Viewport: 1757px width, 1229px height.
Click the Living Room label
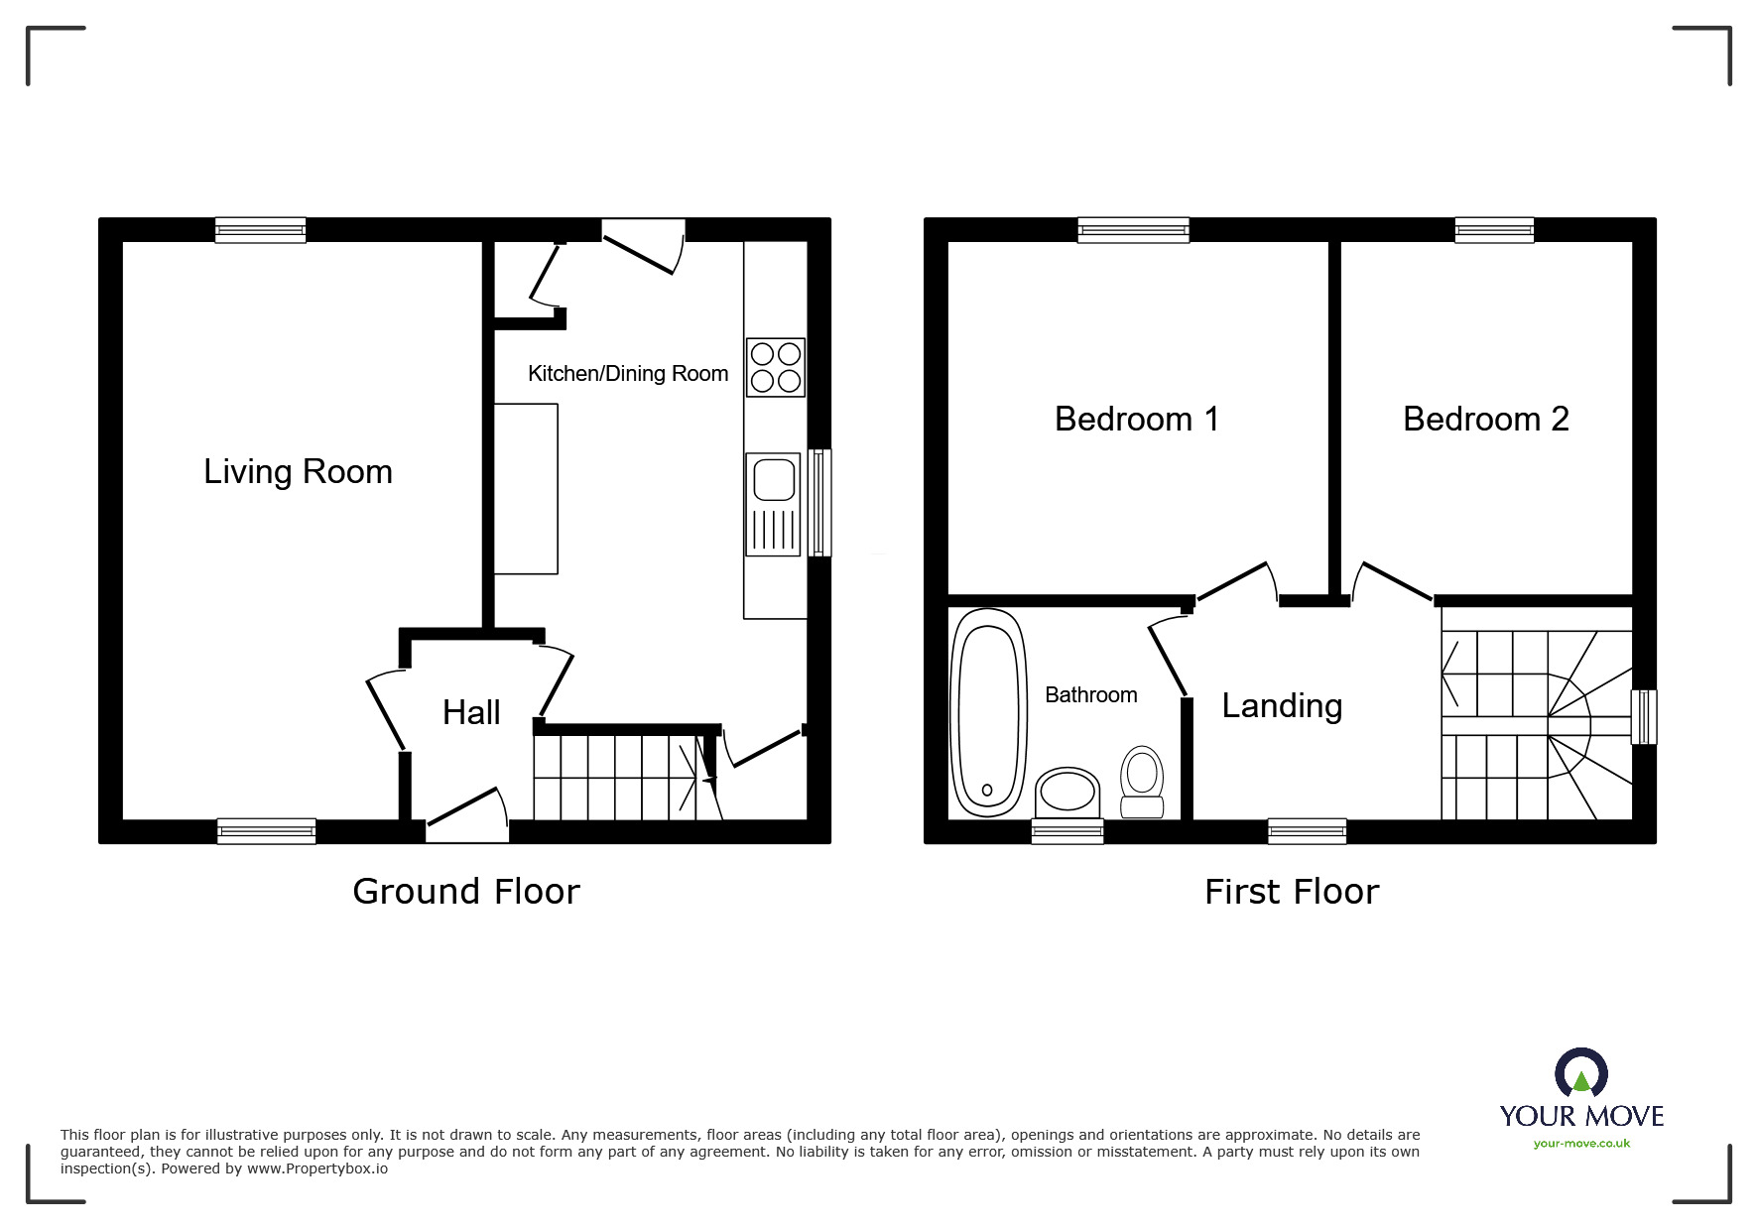tap(298, 471)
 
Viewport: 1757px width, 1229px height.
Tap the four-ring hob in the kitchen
tap(775, 367)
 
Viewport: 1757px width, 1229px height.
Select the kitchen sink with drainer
tap(773, 504)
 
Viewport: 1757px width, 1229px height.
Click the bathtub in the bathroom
tap(987, 711)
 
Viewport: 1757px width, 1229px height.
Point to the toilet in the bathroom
tap(1142, 782)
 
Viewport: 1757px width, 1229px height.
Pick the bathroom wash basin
tap(1067, 792)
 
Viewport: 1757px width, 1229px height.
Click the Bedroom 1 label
tap(1136, 419)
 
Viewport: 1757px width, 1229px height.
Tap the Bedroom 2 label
tap(1485, 419)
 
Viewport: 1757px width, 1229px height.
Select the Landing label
tap(1282, 705)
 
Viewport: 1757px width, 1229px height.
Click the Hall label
tap(471, 712)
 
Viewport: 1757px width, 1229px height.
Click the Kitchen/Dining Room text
tap(628, 373)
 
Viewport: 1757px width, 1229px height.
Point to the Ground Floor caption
tap(465, 891)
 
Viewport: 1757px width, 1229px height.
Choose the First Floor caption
tap(1291, 891)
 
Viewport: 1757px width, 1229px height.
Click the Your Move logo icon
tap(1580, 1074)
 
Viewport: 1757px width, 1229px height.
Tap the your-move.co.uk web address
tap(1581, 1144)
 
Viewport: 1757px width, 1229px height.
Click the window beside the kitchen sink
tap(818, 502)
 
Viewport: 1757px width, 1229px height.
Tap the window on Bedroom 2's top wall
tap(1494, 230)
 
